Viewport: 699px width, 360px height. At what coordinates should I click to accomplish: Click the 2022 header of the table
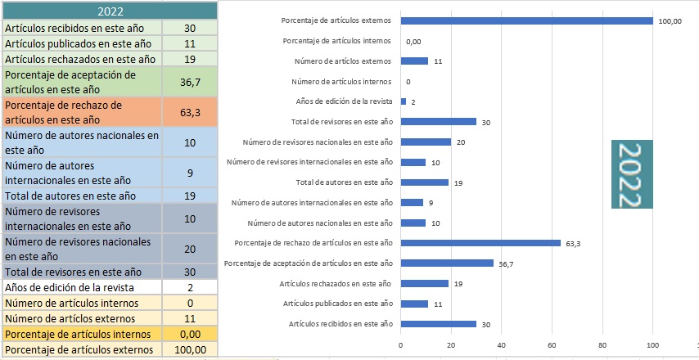109,11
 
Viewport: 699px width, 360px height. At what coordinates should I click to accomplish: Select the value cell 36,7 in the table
190,82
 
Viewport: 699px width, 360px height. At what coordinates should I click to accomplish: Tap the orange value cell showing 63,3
190,112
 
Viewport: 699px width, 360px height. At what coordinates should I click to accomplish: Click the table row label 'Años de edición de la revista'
81,287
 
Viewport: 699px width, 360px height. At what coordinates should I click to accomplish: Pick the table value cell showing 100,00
190,350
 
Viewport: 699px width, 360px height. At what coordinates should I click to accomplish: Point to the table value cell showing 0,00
190,335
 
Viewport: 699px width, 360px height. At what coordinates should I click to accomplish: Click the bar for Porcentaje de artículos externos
526,21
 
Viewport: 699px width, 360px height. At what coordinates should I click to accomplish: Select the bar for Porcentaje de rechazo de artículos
480,242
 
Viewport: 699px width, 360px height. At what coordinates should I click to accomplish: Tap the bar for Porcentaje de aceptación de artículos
447,263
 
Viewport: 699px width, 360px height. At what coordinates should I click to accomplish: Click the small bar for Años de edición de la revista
404,101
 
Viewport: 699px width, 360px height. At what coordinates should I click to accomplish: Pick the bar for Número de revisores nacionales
426,142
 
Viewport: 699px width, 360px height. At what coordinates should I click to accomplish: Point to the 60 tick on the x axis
552,344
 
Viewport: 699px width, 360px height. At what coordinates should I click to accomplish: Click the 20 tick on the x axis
451,344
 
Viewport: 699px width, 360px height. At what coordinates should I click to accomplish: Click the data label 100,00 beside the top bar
669,22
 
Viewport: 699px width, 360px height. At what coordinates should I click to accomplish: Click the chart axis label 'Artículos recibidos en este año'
340,323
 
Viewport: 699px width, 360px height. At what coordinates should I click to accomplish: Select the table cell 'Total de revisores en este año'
81,272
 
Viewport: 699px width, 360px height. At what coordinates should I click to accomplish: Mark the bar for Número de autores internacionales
412,202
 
